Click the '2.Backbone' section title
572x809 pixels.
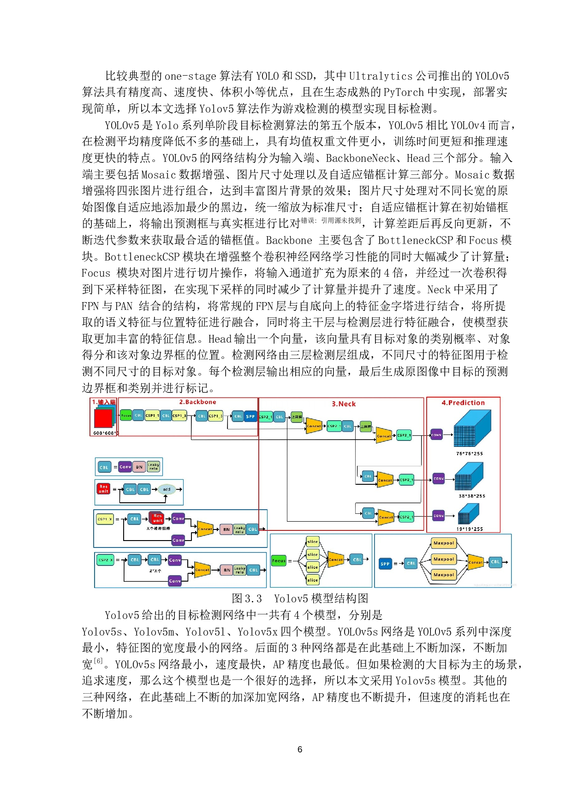pyautogui.click(x=197, y=402)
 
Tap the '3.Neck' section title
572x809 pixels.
pyautogui.click(x=344, y=404)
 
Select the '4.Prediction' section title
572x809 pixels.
pyautogui.click(x=463, y=403)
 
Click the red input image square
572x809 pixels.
pyautogui.click(x=103, y=418)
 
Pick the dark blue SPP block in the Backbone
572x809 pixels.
pyautogui.click(x=250, y=416)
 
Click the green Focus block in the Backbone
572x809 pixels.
pyautogui.click(x=126, y=415)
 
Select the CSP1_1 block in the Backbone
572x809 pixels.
pyautogui.click(x=152, y=416)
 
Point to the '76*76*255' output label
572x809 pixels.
pyautogui.click(x=470, y=453)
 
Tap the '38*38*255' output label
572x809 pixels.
pyautogui.click(x=472, y=496)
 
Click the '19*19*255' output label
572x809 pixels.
pyautogui.click(x=470, y=529)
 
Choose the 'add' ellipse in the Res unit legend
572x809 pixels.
pyautogui.click(x=167, y=489)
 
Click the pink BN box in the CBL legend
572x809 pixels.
pyautogui.click(x=139, y=467)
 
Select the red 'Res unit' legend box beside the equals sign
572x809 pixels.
pyautogui.click(x=103, y=489)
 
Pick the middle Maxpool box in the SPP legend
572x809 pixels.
pyautogui.click(x=444, y=559)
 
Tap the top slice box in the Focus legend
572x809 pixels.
pyautogui.click(x=313, y=541)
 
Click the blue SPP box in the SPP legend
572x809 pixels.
pyautogui.click(x=385, y=564)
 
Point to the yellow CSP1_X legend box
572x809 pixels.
pyautogui.click(x=105, y=519)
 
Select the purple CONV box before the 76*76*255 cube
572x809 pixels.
pyautogui.click(x=436, y=434)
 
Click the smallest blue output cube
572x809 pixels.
pyautogui.click(x=468, y=514)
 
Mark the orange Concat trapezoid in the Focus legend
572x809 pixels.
pyautogui.click(x=336, y=559)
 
